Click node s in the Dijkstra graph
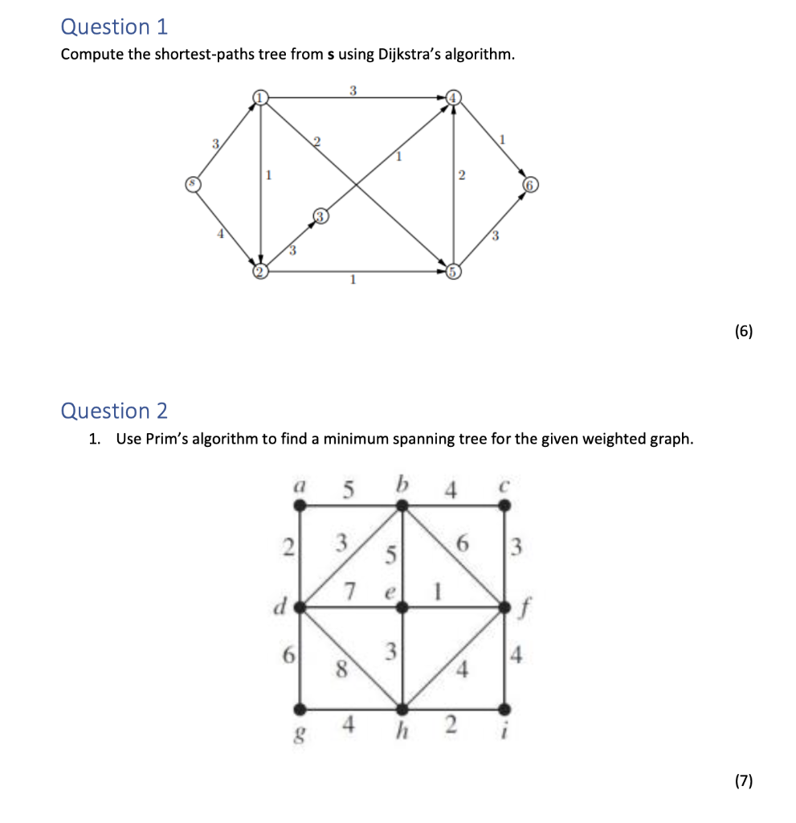pos(191,183)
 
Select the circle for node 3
pos(320,216)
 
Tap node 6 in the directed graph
pos(530,183)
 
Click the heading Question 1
pos(114,27)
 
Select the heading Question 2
pos(114,411)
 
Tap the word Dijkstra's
pos(431,55)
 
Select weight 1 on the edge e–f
pos(439,592)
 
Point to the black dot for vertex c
pos(504,506)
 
